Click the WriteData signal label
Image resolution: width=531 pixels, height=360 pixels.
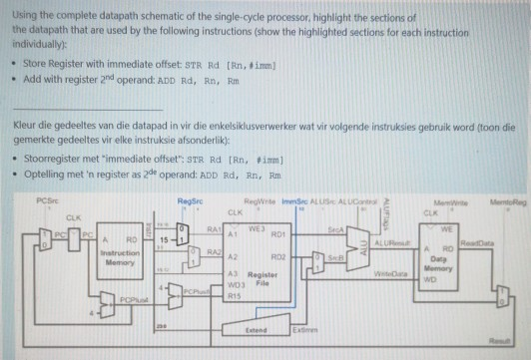click(389, 271)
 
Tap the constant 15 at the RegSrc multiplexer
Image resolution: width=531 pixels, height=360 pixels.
click(164, 239)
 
